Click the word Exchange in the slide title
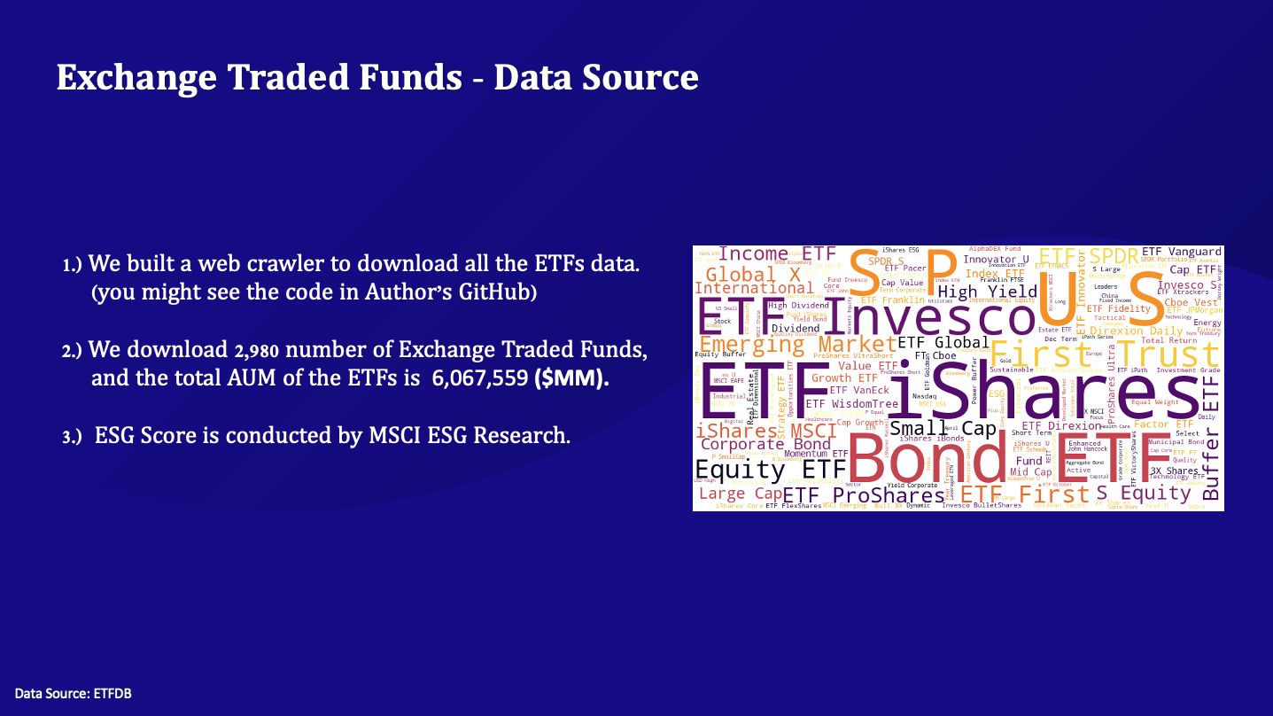pos(144,77)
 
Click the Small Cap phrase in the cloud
pos(930,429)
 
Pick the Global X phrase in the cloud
pos(753,274)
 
